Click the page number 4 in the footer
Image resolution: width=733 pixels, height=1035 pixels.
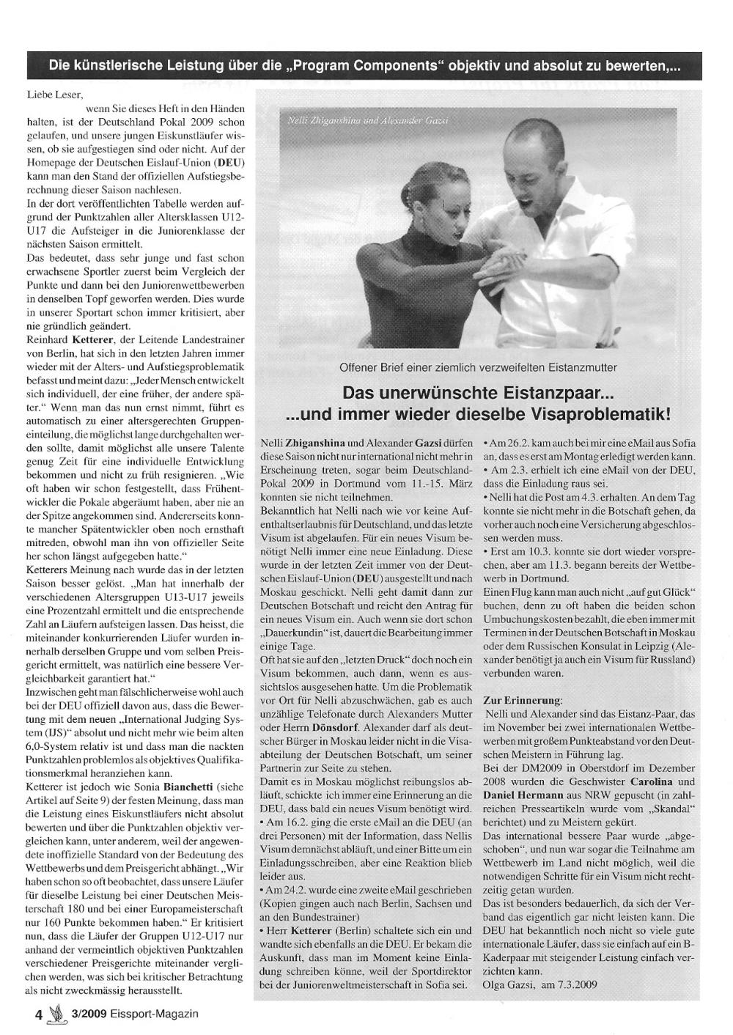pos(40,1014)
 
